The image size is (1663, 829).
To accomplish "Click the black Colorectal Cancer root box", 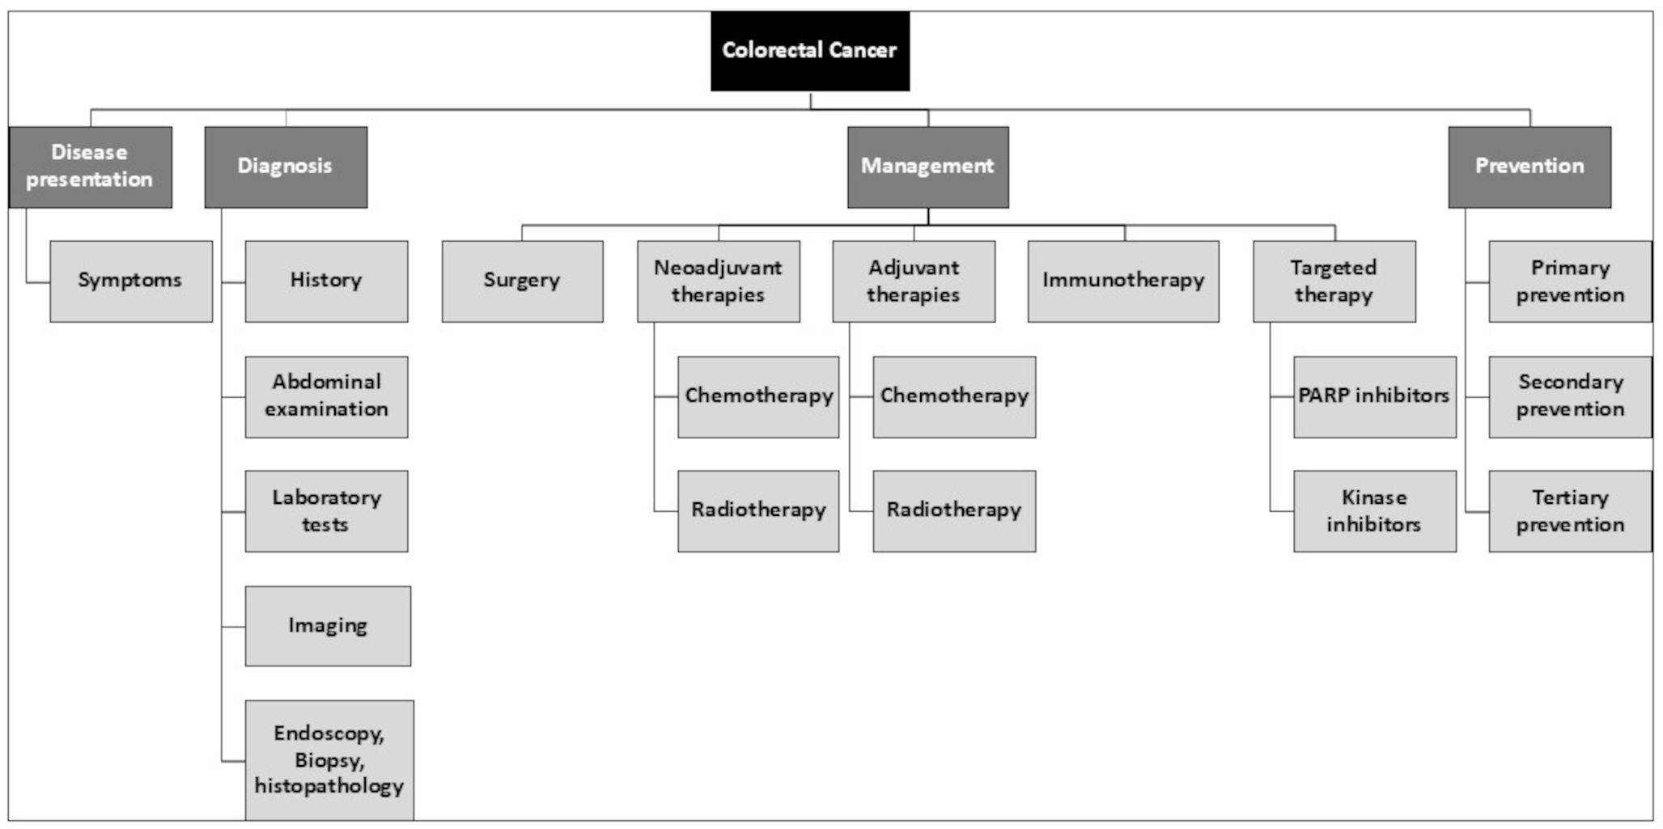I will pyautogui.click(x=809, y=50).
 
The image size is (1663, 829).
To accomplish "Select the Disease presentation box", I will pyautogui.click(x=90, y=167).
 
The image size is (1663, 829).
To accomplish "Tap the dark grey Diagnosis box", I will pyautogui.click(x=285, y=167).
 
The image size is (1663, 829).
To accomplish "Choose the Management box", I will pyautogui.click(x=927, y=167).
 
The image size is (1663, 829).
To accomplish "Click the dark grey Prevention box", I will pyautogui.click(x=1529, y=167).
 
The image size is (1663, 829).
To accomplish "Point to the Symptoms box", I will pyautogui.click(x=130, y=281).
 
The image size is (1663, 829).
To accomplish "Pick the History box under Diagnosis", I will pyautogui.click(x=326, y=281).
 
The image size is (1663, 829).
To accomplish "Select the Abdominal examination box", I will pyautogui.click(x=326, y=396).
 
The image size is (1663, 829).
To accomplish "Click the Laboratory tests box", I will pyautogui.click(x=326, y=511).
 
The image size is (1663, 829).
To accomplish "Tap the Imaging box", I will pyautogui.click(x=328, y=626).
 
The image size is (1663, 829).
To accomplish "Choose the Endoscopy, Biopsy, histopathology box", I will pyautogui.click(x=329, y=759).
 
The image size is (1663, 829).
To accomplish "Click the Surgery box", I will pyautogui.click(x=522, y=281).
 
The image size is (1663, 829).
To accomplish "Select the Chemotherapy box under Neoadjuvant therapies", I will pyautogui.click(x=758, y=396).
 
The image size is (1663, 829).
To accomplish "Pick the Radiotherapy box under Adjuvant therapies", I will pyautogui.click(x=954, y=511).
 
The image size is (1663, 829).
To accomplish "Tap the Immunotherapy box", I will pyautogui.click(x=1123, y=281).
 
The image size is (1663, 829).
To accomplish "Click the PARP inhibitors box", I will pyautogui.click(x=1374, y=396).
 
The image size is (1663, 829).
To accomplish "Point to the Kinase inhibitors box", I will pyautogui.click(x=1374, y=511).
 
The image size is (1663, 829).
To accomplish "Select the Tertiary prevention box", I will pyautogui.click(x=1570, y=511).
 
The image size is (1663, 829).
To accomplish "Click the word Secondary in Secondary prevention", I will pyautogui.click(x=1571, y=382).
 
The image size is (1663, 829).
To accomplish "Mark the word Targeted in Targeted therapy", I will pyautogui.click(x=1333, y=268).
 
